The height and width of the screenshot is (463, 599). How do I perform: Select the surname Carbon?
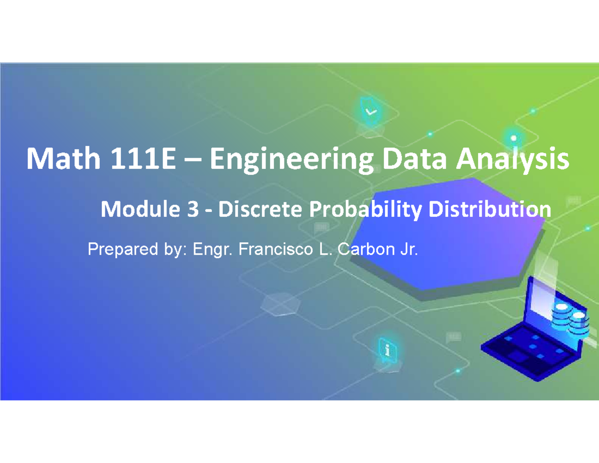(359, 248)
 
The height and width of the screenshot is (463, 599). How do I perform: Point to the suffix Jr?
(406, 248)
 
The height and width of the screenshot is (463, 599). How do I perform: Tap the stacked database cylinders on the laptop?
(569, 317)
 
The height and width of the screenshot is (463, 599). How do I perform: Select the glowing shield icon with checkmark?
(371, 110)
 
